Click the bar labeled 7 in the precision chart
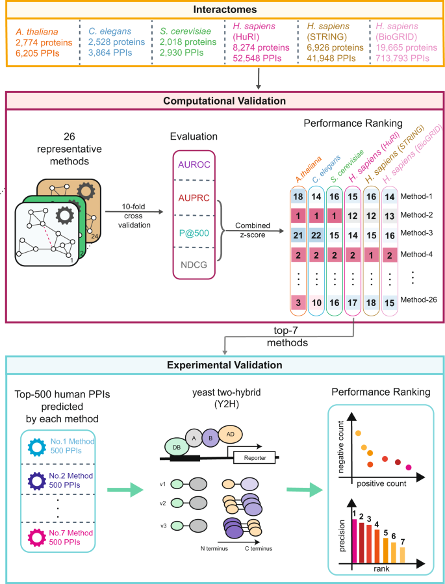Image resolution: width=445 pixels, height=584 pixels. [x=402, y=555]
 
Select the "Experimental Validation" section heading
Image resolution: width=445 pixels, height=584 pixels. [x=222, y=365]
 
